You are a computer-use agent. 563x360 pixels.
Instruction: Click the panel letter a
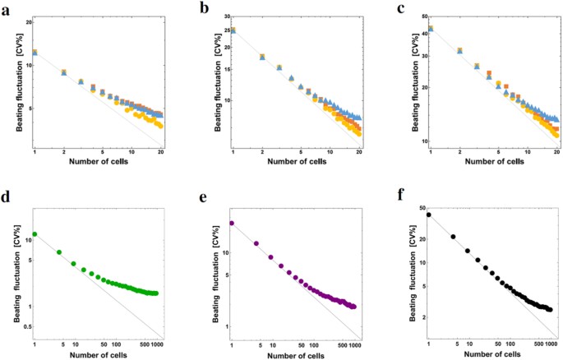5,7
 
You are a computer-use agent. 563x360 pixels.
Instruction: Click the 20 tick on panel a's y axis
28,21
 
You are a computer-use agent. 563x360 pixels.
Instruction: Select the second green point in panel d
59,252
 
